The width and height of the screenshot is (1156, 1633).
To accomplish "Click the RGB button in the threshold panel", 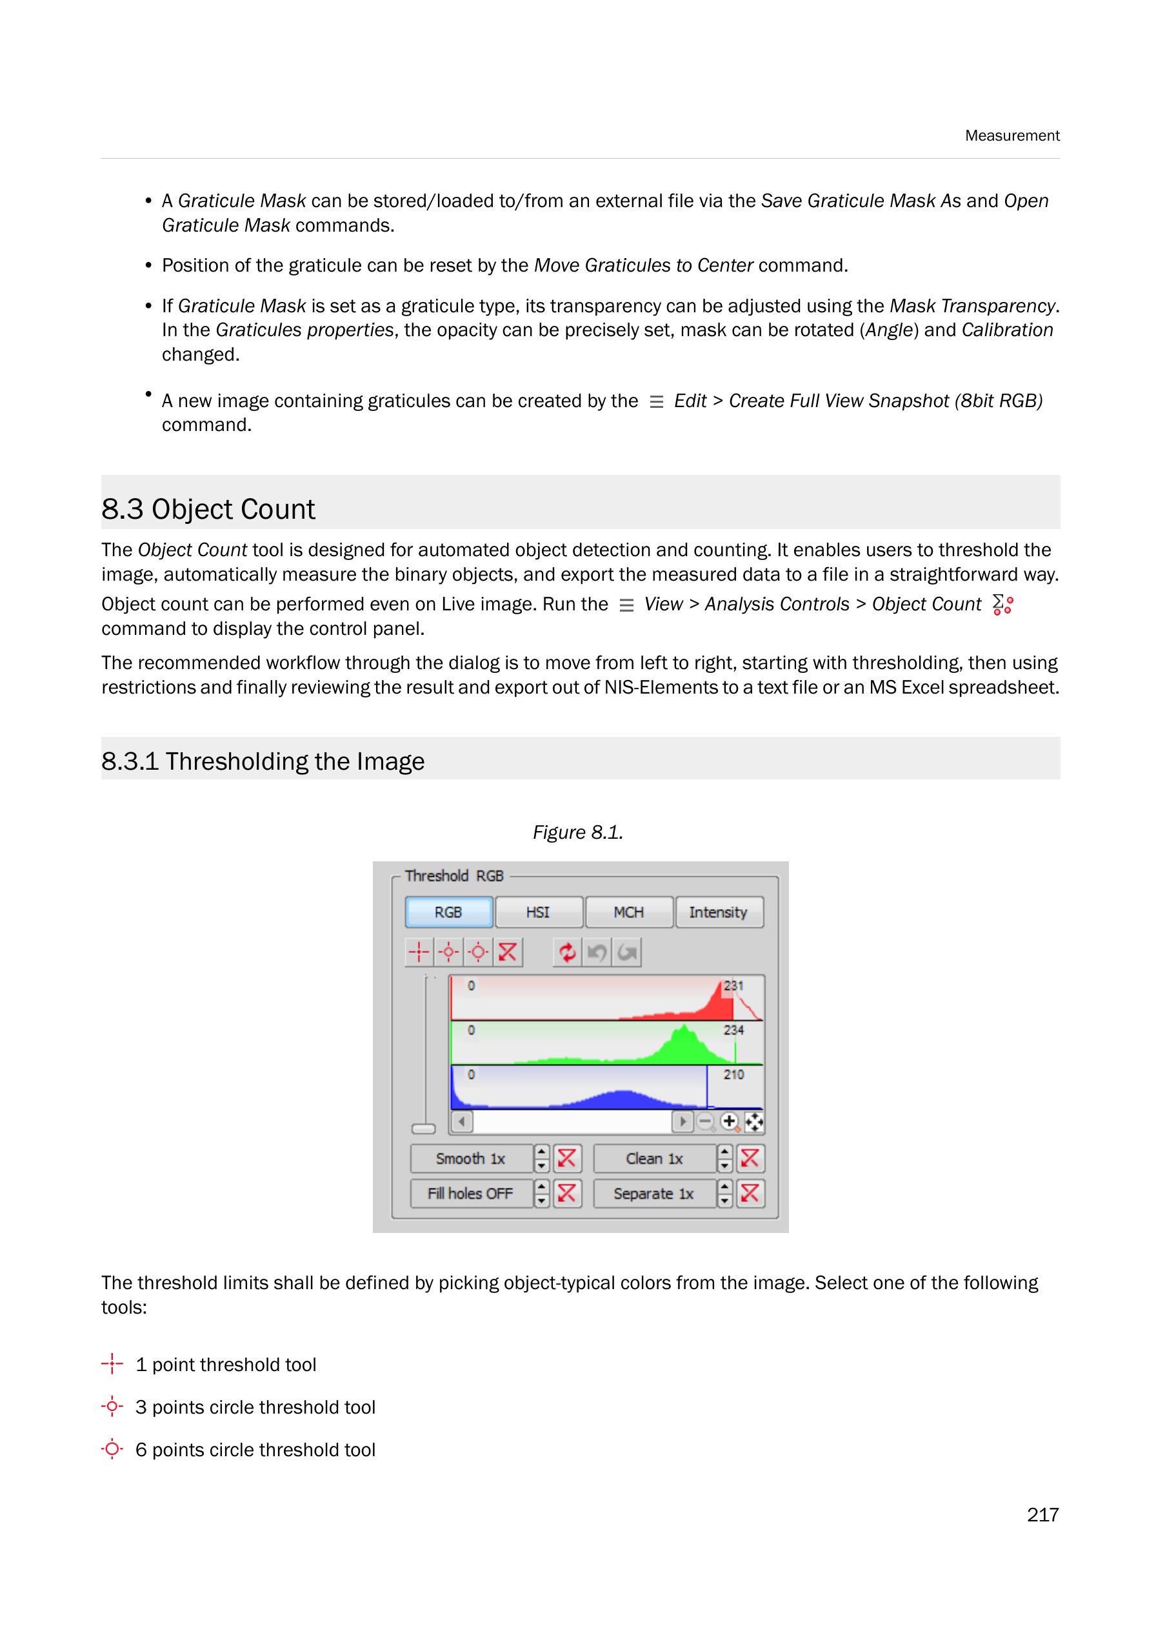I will click(x=448, y=912).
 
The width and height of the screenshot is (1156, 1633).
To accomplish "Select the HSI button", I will click(x=538, y=912).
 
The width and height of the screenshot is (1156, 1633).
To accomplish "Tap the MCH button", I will click(x=628, y=912).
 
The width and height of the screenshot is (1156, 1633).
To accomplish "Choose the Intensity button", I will click(x=718, y=912).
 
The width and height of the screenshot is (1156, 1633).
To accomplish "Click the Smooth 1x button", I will click(x=470, y=1158).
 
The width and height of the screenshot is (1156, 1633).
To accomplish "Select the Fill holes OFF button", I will click(x=470, y=1193).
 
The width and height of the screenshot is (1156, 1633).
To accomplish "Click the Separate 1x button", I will click(x=653, y=1193).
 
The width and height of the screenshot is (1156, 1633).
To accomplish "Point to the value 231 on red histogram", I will click(x=734, y=986).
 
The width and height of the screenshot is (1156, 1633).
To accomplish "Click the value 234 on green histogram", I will click(x=734, y=1030).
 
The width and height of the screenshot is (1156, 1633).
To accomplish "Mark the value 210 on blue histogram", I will click(x=734, y=1074).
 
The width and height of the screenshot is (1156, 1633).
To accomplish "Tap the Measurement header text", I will click(x=1011, y=135).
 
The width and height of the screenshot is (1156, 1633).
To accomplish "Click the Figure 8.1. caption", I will click(x=577, y=832).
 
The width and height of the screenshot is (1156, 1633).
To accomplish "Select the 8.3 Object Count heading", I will click(x=208, y=509).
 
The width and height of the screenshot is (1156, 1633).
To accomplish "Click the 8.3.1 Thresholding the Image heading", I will click(x=263, y=761).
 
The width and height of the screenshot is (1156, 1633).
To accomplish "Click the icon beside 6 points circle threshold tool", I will click(x=112, y=1449).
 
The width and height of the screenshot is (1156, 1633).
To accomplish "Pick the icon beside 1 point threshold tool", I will click(x=112, y=1364).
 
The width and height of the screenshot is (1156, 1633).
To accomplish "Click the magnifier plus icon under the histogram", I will click(x=730, y=1122).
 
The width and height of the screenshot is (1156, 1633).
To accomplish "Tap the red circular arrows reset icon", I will click(x=567, y=952).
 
